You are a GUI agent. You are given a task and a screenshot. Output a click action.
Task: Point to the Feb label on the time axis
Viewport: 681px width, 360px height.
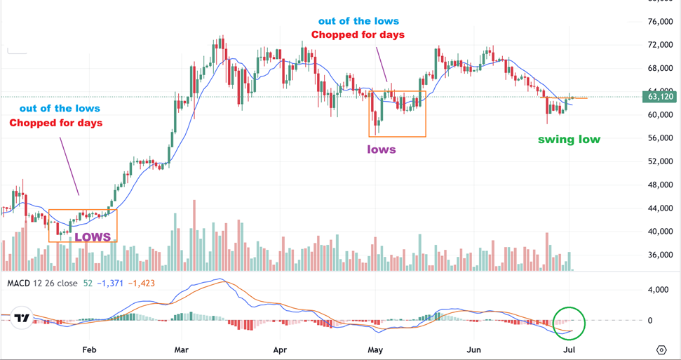coord(88,349)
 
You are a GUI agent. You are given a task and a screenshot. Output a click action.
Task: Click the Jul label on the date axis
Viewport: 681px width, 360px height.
coord(569,349)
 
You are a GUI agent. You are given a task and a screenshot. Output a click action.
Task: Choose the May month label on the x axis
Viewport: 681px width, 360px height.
coord(375,349)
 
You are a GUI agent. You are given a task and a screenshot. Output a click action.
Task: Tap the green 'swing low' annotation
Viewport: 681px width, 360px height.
coord(569,139)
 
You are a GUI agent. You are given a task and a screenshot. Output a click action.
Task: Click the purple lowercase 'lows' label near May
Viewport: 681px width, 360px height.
coord(382,149)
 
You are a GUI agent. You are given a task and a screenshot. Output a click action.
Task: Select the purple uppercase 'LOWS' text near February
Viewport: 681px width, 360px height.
coord(93,236)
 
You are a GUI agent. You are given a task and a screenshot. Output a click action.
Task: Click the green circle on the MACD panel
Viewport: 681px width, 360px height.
coord(568,324)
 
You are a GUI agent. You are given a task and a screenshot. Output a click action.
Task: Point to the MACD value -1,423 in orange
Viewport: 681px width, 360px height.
coord(141,284)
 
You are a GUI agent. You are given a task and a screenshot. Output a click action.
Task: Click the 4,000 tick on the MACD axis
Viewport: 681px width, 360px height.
coord(659,289)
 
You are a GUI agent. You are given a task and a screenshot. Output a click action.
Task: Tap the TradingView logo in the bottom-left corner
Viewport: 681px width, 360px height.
coord(22,318)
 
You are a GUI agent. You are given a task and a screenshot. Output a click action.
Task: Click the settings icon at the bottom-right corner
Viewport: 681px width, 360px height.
coord(661,349)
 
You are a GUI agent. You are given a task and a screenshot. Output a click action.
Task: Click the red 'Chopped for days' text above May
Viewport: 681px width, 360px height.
coord(358,35)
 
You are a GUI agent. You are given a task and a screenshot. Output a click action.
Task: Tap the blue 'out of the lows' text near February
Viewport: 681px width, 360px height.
coord(60,108)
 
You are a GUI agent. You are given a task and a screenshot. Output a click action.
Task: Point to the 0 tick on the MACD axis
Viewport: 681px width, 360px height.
coord(650,321)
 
